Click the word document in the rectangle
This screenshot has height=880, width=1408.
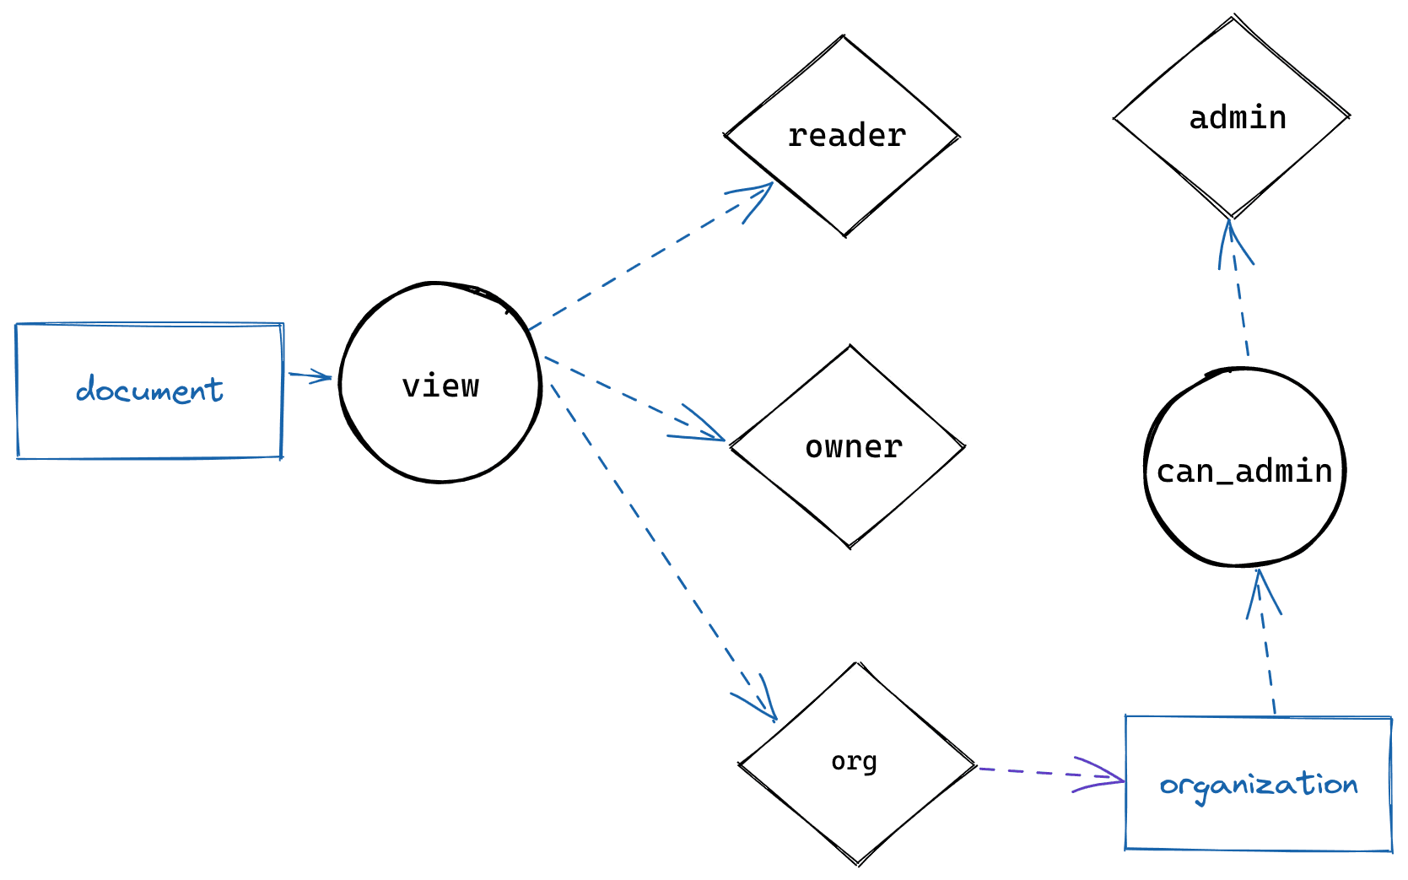pos(149,390)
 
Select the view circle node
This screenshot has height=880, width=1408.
pos(440,384)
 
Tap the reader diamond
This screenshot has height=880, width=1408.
pos(844,136)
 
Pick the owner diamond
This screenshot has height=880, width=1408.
pos(850,446)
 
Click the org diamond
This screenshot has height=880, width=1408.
pos(856,763)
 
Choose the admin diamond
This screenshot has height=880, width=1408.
pos(1232,117)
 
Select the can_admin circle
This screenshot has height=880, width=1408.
pos(1244,469)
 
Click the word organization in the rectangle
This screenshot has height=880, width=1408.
pos(1258,784)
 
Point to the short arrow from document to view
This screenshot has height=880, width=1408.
pos(310,375)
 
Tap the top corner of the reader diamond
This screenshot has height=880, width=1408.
pos(843,37)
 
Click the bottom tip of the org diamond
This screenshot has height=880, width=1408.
pos(858,863)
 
